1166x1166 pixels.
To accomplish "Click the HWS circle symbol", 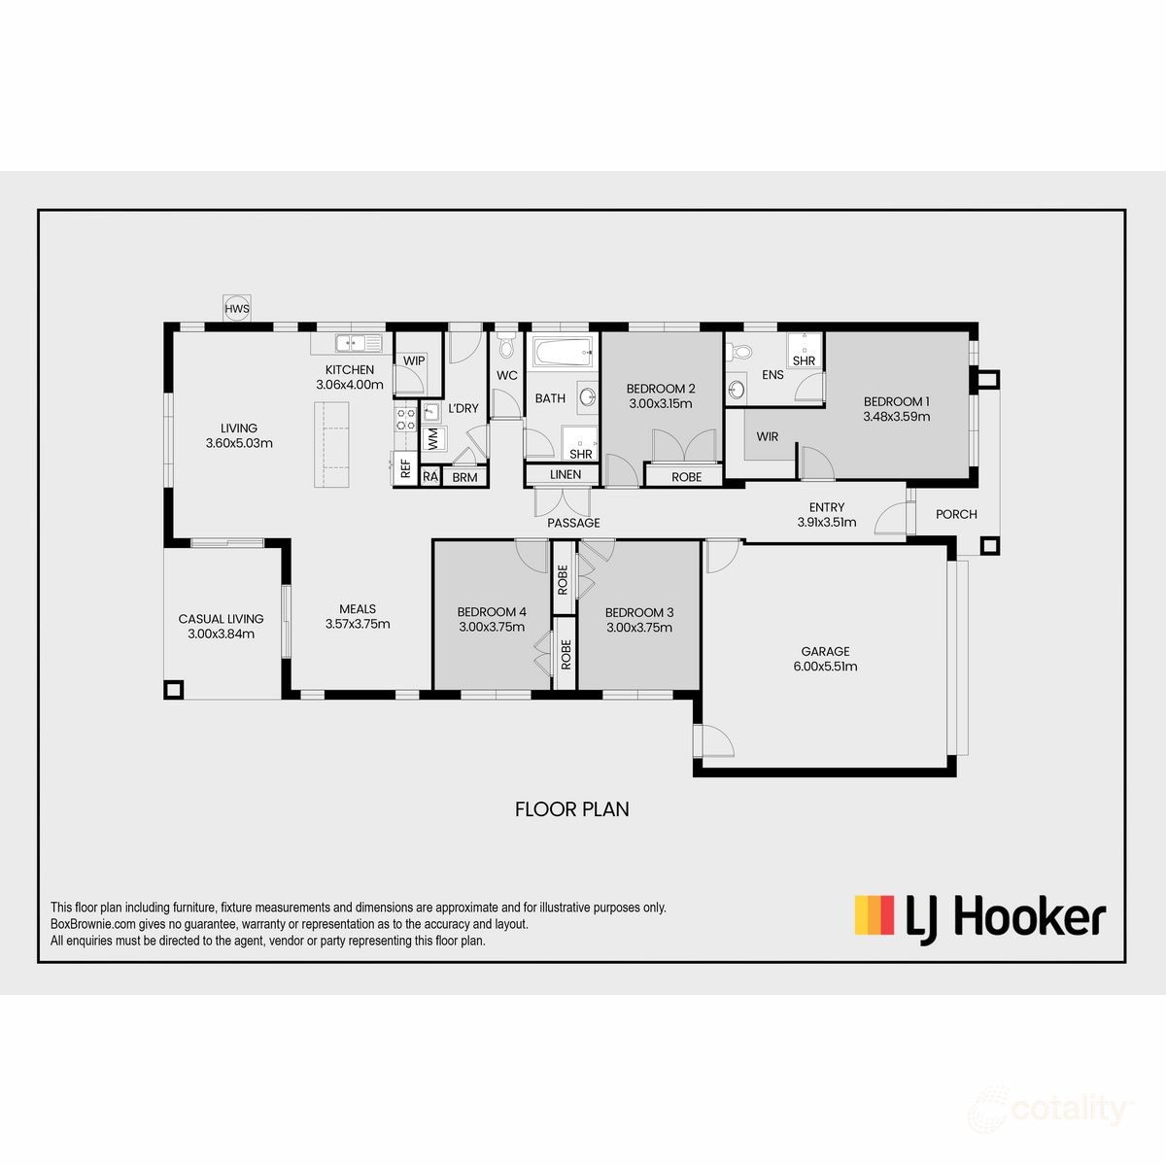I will tap(237, 309).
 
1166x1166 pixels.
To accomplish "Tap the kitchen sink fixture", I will tap(357, 342).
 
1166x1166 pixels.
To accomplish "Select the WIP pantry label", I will tap(414, 360).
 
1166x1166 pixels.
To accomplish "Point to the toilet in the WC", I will tap(505, 347).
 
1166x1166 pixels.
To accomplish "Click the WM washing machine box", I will tap(432, 439).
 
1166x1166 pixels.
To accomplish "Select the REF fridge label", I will tap(404, 469).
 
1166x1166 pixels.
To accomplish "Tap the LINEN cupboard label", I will tap(566, 474).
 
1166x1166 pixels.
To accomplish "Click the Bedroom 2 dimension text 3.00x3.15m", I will tap(661, 403).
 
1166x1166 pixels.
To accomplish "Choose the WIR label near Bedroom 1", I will tap(768, 436).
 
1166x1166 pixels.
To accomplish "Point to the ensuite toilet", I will tap(740, 352).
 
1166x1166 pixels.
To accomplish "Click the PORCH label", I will tap(956, 514).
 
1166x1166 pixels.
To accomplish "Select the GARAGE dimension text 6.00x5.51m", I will tap(825, 667).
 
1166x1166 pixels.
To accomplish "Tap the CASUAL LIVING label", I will tap(221, 619).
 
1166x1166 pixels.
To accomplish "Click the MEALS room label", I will tap(358, 609).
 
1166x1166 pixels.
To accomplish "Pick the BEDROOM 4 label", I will tap(492, 612).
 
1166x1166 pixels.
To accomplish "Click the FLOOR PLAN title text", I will tap(571, 808).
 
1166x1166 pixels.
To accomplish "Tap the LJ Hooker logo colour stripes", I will tap(874, 915).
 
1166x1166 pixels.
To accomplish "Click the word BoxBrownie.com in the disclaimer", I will tap(93, 924).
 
